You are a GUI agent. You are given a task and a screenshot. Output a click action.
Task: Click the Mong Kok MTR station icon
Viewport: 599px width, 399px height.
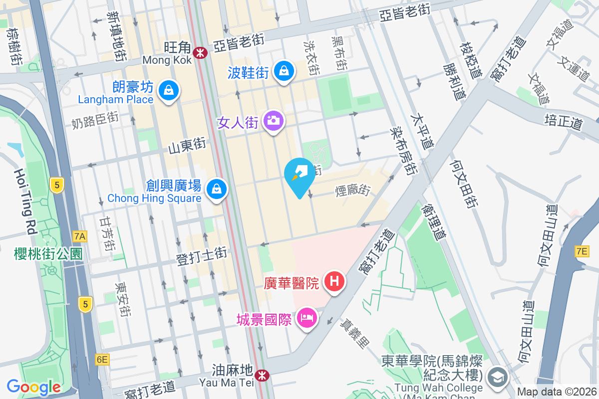point(201,52)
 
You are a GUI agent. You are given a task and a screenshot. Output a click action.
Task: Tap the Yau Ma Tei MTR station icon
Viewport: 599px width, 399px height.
point(261,375)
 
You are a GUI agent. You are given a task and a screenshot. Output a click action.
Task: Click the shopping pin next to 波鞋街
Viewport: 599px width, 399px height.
point(284,71)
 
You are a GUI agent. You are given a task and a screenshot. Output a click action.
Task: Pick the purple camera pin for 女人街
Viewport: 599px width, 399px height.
point(273,121)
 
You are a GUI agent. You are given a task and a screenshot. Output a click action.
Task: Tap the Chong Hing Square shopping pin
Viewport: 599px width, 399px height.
point(217,189)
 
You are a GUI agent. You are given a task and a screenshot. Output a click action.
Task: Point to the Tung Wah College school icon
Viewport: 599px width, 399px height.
point(497,377)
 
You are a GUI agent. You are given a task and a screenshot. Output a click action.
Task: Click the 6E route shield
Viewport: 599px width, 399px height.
point(102,360)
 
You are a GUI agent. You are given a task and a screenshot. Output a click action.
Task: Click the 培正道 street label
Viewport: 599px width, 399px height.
point(564,122)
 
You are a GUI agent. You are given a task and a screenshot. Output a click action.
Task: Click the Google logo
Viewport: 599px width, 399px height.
point(33,387)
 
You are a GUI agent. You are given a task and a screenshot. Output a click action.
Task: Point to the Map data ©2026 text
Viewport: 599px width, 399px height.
point(556,392)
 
